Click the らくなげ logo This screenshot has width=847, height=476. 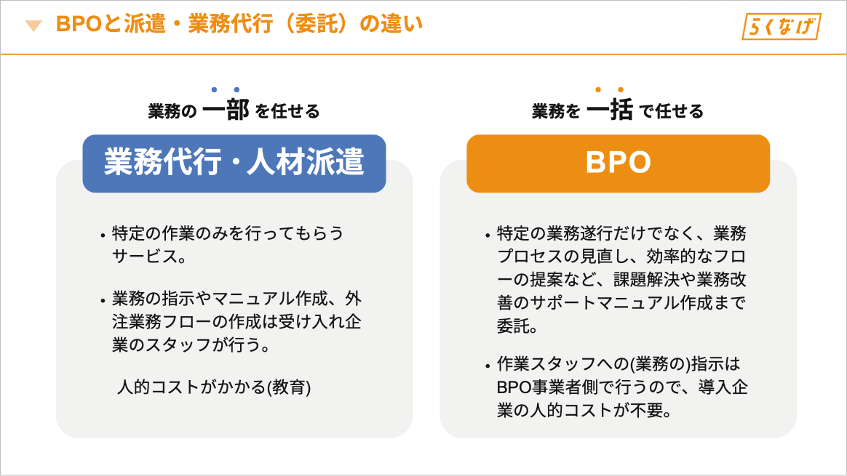782,26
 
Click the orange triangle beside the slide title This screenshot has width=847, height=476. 33,25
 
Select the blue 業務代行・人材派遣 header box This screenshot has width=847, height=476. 234,163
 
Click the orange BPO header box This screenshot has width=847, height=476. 618,163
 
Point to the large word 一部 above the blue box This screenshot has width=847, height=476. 226,110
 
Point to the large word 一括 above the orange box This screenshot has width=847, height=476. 609,110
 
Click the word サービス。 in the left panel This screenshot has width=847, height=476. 150,257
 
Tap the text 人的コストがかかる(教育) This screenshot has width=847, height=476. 214,387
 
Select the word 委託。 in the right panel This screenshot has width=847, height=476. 517,326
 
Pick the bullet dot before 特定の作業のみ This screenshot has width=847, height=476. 103,236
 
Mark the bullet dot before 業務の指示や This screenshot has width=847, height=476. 103,301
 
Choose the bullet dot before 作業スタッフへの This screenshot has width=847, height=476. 488,366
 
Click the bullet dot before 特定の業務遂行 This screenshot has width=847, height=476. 488,236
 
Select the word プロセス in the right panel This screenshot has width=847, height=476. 530,257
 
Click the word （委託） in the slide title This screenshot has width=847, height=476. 316,24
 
